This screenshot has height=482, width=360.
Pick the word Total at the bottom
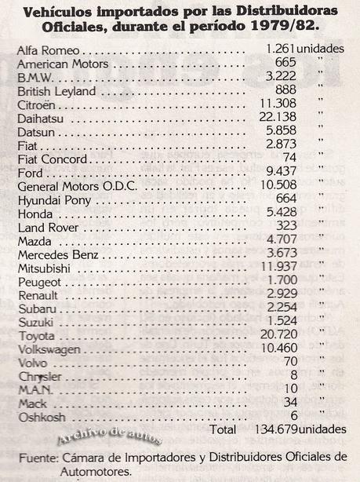point(225,429)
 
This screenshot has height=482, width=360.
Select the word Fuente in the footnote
point(37,458)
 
